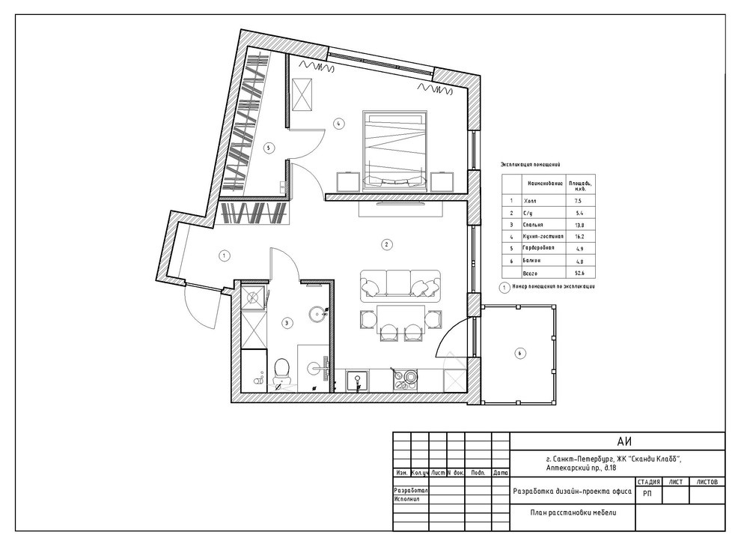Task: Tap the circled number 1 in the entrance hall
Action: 224,256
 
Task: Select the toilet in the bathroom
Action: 281,370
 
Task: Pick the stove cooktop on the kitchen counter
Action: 408,379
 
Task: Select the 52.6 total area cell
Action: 576,275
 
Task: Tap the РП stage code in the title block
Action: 647,494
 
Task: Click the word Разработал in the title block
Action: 409,489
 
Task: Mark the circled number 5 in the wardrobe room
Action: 267,148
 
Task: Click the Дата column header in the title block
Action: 501,474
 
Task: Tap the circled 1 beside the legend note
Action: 505,286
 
